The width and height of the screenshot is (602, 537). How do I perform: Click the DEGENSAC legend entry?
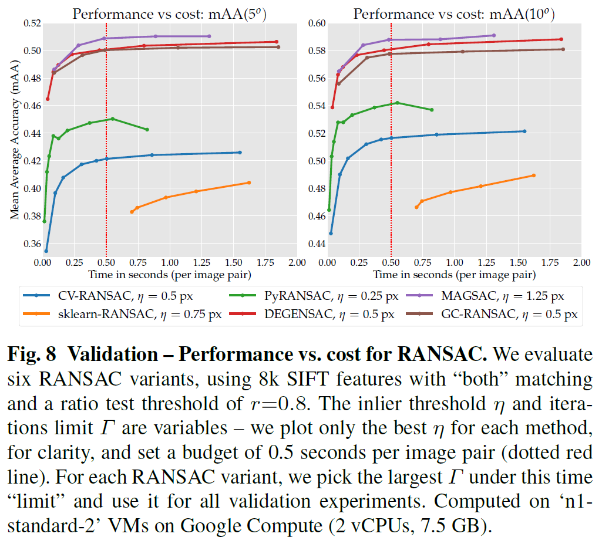317,314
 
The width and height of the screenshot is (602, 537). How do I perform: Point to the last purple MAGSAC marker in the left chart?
209,36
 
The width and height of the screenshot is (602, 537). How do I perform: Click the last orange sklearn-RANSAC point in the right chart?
533,175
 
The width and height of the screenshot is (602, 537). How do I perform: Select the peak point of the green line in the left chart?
112,119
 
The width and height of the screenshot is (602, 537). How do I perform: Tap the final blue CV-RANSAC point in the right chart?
524,131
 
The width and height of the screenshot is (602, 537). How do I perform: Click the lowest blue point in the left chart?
46,251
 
